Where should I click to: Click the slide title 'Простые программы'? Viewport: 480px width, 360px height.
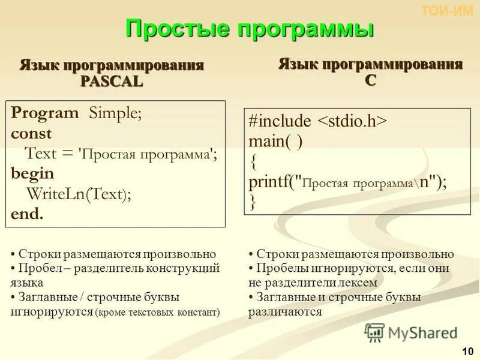tap(250, 29)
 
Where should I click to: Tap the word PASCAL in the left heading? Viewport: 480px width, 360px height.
tap(112, 82)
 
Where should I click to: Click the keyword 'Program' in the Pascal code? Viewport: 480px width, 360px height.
tap(45, 113)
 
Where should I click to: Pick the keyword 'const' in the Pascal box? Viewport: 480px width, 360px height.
tap(31, 133)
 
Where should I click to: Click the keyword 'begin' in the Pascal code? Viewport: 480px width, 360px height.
tap(32, 173)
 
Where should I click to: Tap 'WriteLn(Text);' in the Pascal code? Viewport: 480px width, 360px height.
tap(78, 194)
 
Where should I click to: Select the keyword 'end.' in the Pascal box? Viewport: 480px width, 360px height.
tap(27, 214)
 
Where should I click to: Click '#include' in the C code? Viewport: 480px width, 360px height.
tap(280, 121)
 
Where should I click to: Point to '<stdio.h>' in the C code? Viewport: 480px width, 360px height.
tap(352, 121)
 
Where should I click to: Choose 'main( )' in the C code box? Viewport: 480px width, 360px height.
tap(275, 142)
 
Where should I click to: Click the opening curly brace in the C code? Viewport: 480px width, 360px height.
tap(253, 162)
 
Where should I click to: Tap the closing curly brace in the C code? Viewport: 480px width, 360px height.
tap(253, 203)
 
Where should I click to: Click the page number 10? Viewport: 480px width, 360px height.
tap(466, 351)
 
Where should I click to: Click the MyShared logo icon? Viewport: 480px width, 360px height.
tap(374, 332)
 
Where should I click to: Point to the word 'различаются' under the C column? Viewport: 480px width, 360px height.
tap(285, 311)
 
